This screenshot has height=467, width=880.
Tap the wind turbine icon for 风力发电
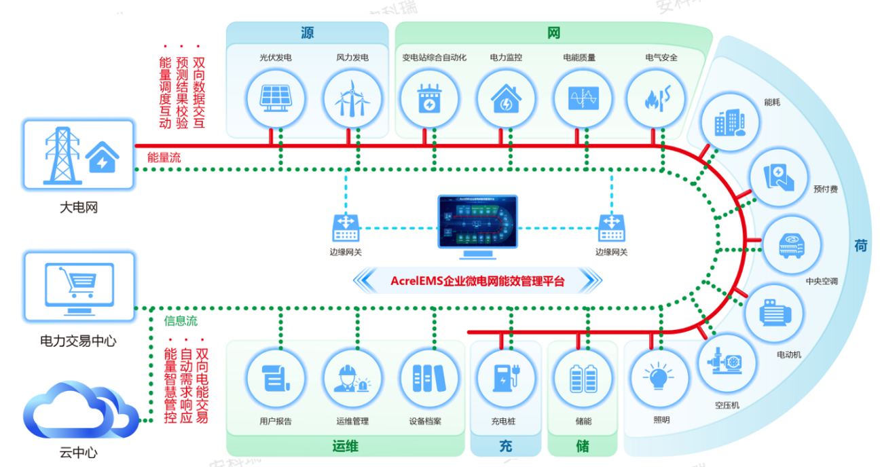[x=352, y=99]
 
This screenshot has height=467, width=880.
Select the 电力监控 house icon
[x=505, y=99]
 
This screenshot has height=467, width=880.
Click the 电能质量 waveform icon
[x=583, y=99]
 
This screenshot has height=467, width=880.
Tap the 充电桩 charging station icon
[x=503, y=377]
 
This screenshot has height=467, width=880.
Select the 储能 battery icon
[x=583, y=377]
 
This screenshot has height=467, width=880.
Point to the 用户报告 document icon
[x=276, y=377]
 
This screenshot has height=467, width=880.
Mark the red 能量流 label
[x=164, y=158]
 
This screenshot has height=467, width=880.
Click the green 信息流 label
[x=181, y=320]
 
